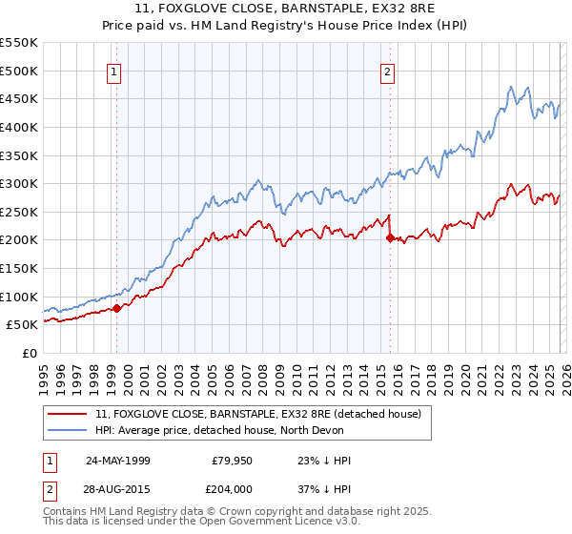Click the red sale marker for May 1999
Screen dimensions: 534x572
pos(116,308)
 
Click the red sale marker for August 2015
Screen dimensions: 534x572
pos(390,238)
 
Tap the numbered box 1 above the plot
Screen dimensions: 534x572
pos(114,71)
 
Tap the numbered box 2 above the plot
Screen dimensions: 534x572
pos(388,71)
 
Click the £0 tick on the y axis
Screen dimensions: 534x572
pos(29,353)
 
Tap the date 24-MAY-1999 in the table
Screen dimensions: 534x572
pos(118,461)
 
